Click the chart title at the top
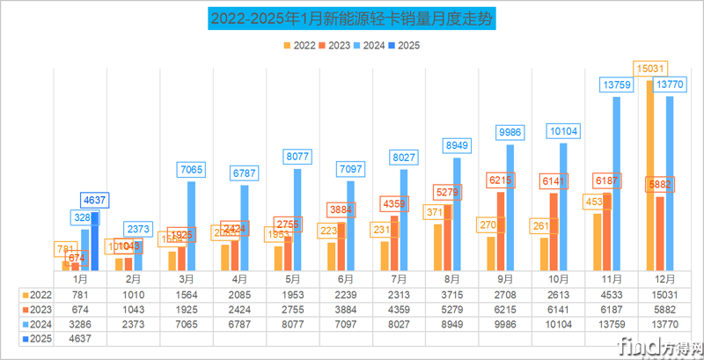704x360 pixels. point(352,18)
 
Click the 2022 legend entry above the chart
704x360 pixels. point(300,43)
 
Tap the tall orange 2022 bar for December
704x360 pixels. point(649,176)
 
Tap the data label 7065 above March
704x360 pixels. point(192,169)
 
